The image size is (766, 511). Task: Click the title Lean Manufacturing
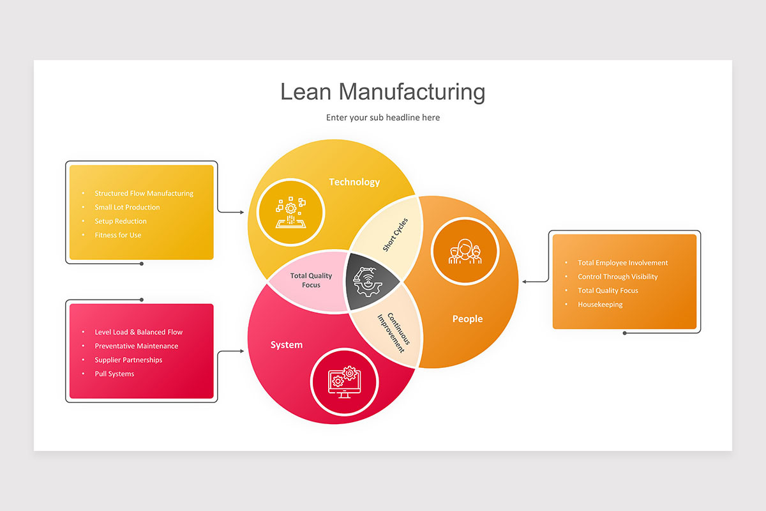[x=382, y=92]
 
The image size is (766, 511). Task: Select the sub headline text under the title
[x=382, y=118]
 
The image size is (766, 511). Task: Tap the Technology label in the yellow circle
[x=354, y=182]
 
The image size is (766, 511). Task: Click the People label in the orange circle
[x=467, y=319]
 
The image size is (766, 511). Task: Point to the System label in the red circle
[x=287, y=345]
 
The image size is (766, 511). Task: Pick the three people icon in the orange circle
[x=464, y=252]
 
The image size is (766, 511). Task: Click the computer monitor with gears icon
[x=344, y=381]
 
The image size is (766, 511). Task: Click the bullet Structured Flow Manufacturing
[x=144, y=193]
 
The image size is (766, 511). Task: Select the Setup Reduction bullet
[x=121, y=221]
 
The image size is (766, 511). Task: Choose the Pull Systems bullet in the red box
[x=114, y=374]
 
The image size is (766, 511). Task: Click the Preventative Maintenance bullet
[x=137, y=346]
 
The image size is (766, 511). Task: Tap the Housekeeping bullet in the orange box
[x=600, y=305]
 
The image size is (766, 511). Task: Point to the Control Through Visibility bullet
[x=617, y=277]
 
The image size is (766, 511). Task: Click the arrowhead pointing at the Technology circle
[x=241, y=212]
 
